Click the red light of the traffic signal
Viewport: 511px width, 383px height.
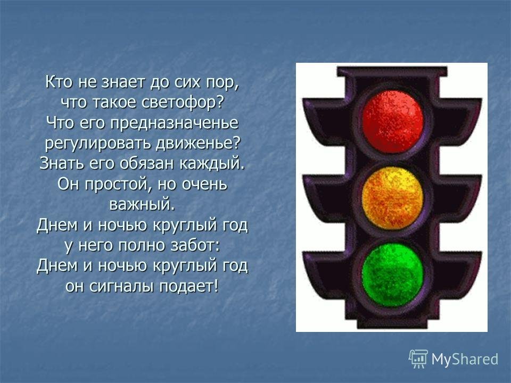[393, 121]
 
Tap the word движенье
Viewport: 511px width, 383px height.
[195, 144]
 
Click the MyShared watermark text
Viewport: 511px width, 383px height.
[465, 359]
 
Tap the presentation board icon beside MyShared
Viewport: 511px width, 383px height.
[418, 358]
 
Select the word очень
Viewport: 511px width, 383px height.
[204, 185]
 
